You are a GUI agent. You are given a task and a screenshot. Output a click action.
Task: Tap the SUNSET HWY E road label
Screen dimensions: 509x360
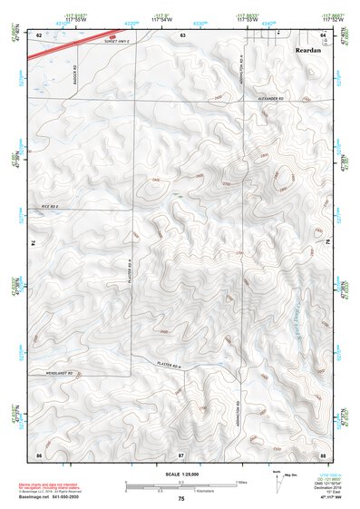coord(124,43)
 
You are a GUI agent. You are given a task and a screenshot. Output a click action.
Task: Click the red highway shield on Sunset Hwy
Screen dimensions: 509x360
coord(112,38)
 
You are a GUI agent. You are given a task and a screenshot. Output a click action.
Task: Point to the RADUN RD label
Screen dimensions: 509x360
coord(73,70)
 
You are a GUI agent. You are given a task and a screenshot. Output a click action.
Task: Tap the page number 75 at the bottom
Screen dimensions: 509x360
coord(181,499)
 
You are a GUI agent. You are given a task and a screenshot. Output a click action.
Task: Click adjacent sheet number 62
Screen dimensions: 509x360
coord(39,34)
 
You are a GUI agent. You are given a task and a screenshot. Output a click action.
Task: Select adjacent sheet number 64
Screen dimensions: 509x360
coord(323,34)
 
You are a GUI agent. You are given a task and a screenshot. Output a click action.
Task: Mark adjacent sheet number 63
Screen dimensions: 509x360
coord(182,34)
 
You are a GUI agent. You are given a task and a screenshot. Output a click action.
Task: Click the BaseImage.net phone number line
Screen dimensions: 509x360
coord(50,498)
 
